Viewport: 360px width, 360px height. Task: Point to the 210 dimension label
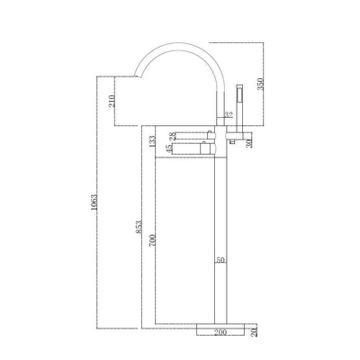[111, 103]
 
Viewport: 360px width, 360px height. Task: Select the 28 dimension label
[173, 135]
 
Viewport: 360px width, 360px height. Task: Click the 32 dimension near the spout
[228, 115]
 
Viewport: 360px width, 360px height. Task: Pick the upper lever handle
[189, 132]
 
